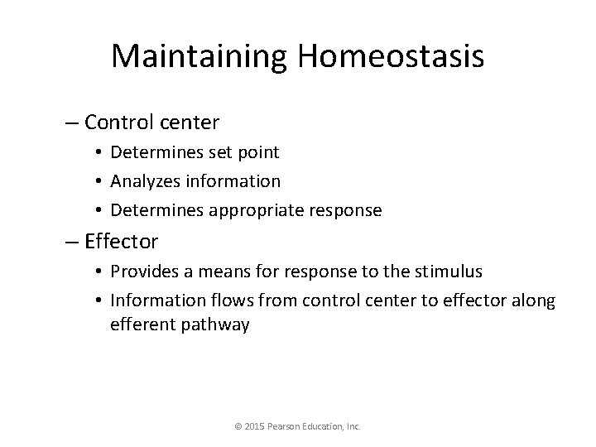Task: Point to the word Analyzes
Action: [x=145, y=180]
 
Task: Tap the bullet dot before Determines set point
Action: [x=98, y=152]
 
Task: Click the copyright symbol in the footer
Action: [x=238, y=427]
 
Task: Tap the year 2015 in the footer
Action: [x=254, y=427]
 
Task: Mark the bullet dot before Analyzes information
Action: [x=98, y=181]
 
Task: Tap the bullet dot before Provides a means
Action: [x=98, y=272]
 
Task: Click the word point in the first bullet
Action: [x=258, y=152]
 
